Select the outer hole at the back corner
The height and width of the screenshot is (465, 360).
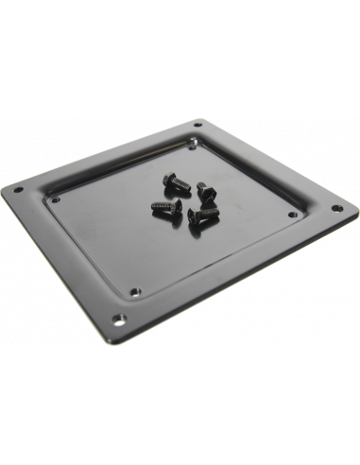[197, 125]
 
